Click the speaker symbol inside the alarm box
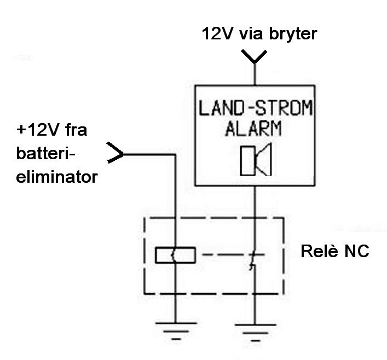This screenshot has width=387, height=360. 253,161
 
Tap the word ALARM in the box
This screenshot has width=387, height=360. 253,129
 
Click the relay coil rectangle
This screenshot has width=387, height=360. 175,254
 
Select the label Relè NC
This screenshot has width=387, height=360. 334,252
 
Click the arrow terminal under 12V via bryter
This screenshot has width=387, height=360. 253,56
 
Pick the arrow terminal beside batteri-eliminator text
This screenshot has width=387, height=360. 116,154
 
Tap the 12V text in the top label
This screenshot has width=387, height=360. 216,34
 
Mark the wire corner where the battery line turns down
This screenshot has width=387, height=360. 175,154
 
